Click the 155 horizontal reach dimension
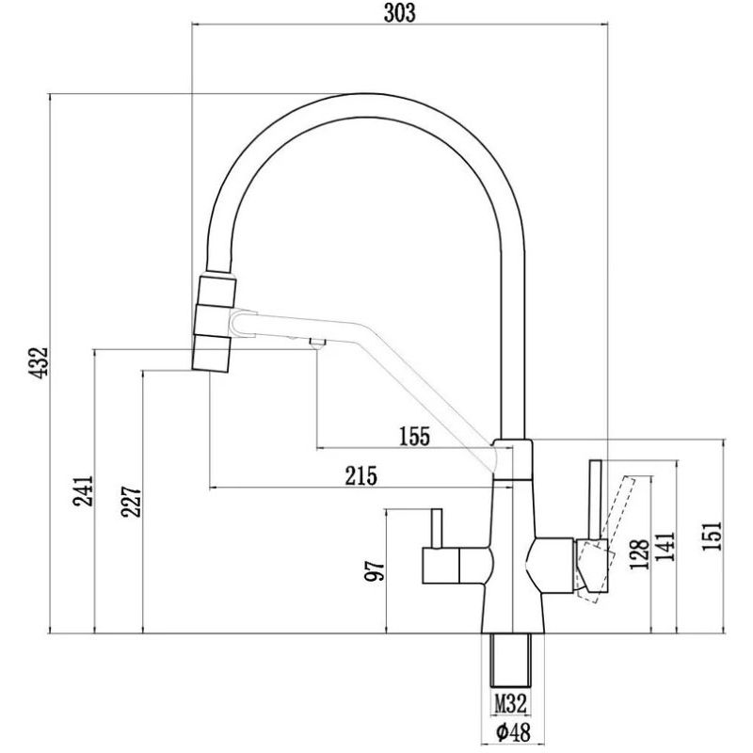[414, 436]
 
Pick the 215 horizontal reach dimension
[360, 476]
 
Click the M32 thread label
[509, 702]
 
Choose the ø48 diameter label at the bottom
[509, 731]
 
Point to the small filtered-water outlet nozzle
[316, 344]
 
